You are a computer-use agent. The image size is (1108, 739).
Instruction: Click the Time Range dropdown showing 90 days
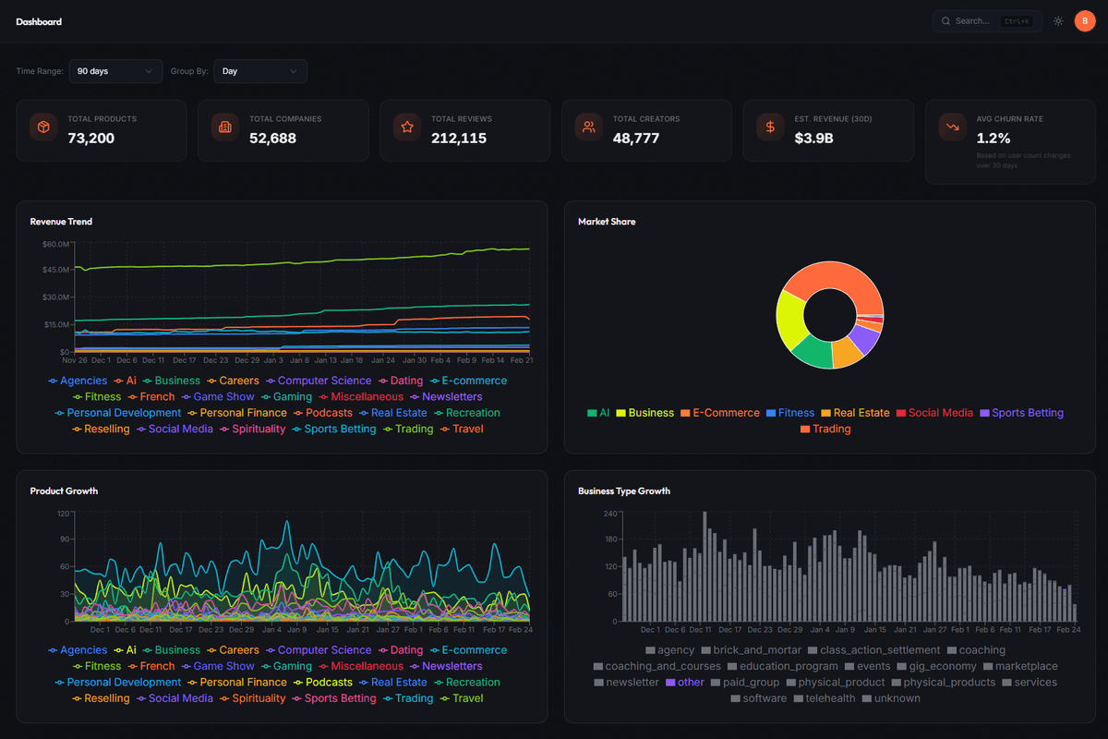pyautogui.click(x=114, y=71)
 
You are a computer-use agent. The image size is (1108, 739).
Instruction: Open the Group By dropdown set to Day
pyautogui.click(x=259, y=71)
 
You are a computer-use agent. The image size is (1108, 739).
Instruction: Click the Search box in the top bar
pyautogui.click(x=986, y=21)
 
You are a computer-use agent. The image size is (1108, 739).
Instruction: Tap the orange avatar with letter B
pyautogui.click(x=1085, y=21)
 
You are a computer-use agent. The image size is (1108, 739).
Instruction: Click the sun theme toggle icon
pyautogui.click(x=1058, y=21)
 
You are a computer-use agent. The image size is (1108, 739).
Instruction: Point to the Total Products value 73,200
pyautogui.click(x=90, y=139)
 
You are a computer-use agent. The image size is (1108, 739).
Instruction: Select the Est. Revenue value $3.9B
pyautogui.click(x=814, y=139)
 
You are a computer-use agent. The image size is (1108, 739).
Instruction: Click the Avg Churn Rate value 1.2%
pyautogui.click(x=994, y=139)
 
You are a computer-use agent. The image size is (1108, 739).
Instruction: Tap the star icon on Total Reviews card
pyautogui.click(x=406, y=127)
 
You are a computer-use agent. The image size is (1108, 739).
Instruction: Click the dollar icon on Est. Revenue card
pyautogui.click(x=770, y=127)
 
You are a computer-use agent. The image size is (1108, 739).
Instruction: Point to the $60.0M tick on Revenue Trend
pyautogui.click(x=55, y=244)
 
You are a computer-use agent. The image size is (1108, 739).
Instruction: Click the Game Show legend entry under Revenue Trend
pyautogui.click(x=223, y=397)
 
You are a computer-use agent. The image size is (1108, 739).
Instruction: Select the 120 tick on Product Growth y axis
pyautogui.click(x=63, y=514)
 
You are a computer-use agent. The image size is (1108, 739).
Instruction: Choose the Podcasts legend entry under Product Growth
pyautogui.click(x=329, y=683)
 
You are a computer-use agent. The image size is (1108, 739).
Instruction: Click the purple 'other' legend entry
pyautogui.click(x=690, y=683)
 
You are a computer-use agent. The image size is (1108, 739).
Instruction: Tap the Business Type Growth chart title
pyautogui.click(x=624, y=491)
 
